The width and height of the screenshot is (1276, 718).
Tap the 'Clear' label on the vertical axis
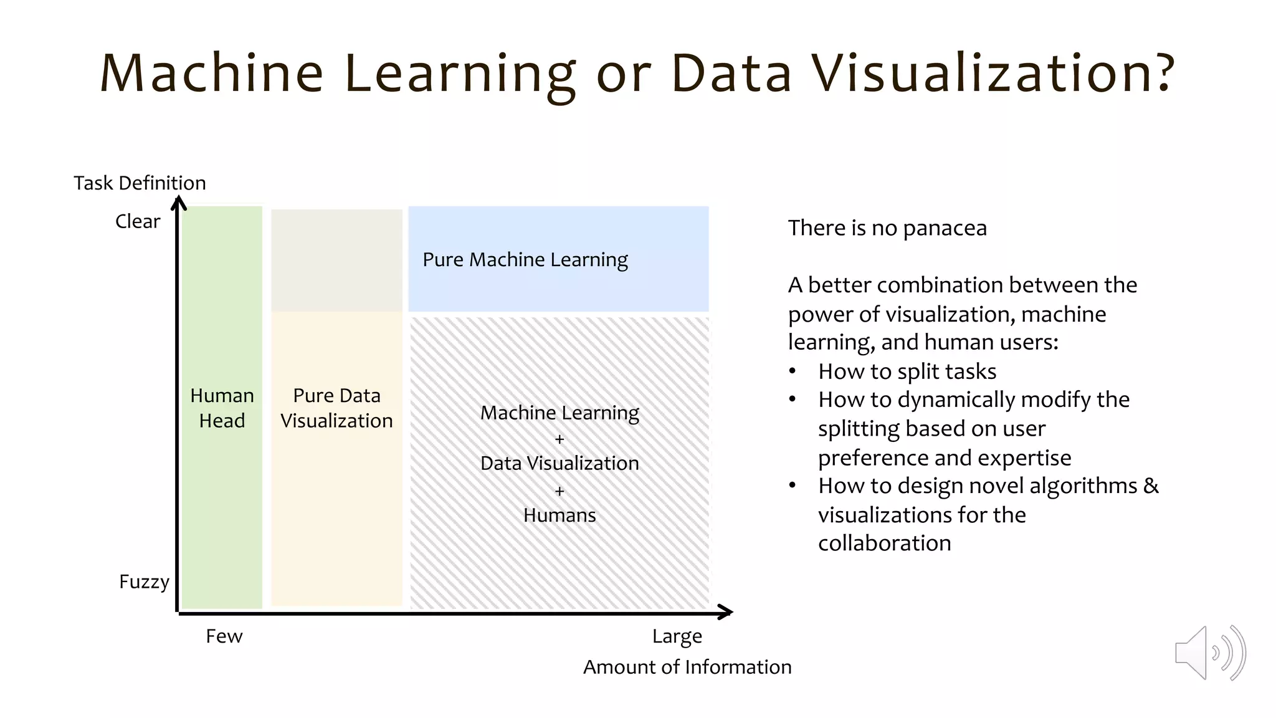138,221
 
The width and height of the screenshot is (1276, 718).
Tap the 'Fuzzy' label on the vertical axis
144,582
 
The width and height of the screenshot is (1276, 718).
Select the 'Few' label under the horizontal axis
224,636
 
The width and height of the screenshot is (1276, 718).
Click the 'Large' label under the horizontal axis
677,636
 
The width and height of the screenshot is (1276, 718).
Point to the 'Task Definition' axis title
140,183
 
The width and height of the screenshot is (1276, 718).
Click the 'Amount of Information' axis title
687,667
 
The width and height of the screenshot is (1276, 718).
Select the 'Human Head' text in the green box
222,408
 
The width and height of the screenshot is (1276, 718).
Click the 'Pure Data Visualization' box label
336,408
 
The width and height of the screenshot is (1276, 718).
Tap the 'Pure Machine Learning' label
525,259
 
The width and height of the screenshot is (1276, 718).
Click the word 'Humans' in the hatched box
559,515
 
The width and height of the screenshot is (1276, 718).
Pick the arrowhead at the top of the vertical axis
179,202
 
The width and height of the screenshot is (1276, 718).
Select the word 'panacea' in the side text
945,228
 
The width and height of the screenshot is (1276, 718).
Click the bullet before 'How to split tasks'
792,372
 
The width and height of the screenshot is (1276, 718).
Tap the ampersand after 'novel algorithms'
1151,486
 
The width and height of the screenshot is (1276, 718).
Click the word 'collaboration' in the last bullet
884,543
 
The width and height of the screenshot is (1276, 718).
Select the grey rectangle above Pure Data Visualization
336,260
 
